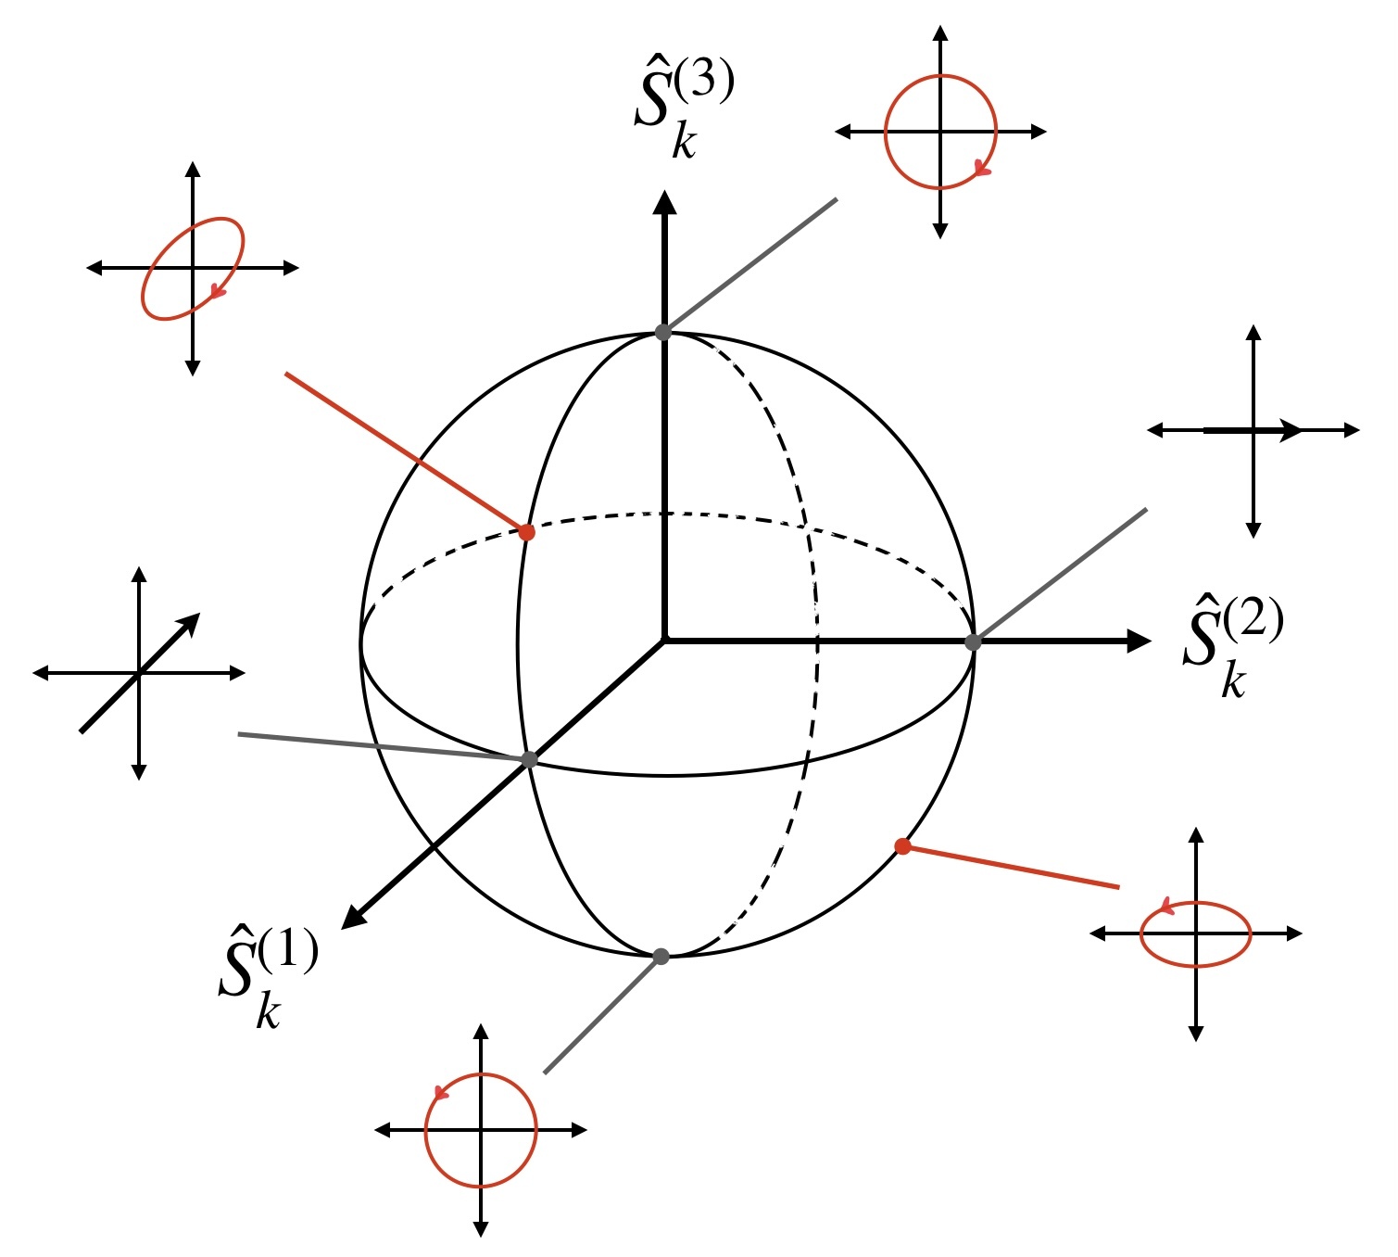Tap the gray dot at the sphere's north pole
coord(663,332)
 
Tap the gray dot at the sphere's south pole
coord(661,956)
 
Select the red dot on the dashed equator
coord(526,532)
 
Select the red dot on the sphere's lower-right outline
coord(901,845)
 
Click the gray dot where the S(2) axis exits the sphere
coord(973,641)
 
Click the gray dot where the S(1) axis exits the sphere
coord(529,759)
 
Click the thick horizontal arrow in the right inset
coord(1251,430)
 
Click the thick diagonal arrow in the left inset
coord(139,673)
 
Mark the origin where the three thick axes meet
coord(664,640)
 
